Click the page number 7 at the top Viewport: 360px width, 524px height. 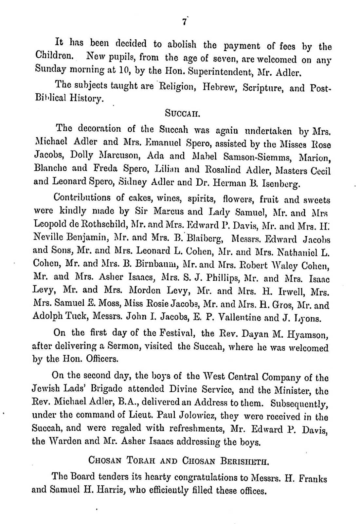pyautogui.click(x=184, y=22)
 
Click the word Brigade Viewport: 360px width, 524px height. pyautogui.click(x=106, y=391)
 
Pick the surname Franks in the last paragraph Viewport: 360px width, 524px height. pyautogui.click(x=313, y=479)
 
